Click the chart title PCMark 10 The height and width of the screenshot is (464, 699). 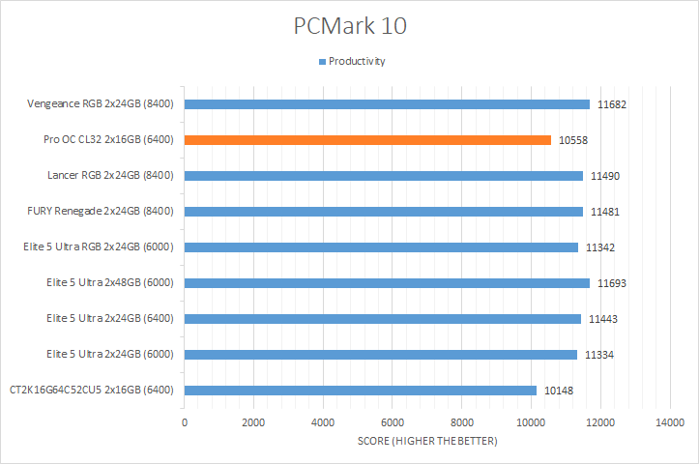click(x=349, y=26)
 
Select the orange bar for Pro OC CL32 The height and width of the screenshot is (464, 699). click(x=367, y=140)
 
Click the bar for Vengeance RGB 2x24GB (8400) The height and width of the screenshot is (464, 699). click(x=387, y=104)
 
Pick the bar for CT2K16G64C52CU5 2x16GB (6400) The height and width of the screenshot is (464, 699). click(x=360, y=391)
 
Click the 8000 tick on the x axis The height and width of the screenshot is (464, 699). click(x=461, y=422)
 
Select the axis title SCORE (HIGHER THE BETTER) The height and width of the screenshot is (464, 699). click(x=426, y=442)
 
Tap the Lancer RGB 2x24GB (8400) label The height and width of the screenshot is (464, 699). click(x=109, y=176)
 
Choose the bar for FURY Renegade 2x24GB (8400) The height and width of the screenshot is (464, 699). click(x=383, y=212)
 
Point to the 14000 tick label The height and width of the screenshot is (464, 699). click(x=669, y=422)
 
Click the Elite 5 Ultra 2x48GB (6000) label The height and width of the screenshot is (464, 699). click(x=109, y=283)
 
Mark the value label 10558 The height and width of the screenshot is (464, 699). click(x=573, y=140)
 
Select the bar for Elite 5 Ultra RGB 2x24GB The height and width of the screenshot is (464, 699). click(x=381, y=247)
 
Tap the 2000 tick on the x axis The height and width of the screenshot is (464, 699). click(x=253, y=422)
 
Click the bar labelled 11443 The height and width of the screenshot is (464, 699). click(x=382, y=319)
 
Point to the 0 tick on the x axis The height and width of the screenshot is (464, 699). click(x=184, y=422)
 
